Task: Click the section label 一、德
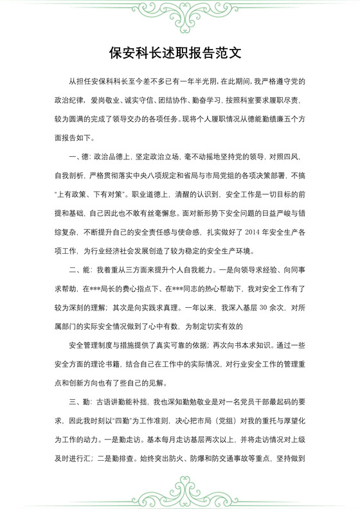click(x=80, y=156)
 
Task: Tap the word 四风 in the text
click(x=290, y=156)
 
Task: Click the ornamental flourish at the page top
click(x=179, y=15)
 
